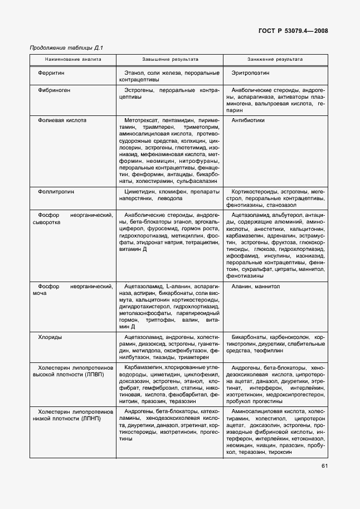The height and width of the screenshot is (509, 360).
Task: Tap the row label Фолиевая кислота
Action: (x=62, y=120)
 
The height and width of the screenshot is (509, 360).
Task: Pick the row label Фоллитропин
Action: (x=56, y=192)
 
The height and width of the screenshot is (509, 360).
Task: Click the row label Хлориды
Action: (x=50, y=337)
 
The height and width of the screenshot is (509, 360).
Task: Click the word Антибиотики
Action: (x=248, y=120)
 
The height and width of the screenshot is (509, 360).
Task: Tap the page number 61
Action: (x=325, y=466)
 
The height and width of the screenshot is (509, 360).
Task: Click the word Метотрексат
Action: (x=142, y=120)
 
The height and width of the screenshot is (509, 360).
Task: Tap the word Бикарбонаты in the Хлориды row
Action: (x=249, y=337)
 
